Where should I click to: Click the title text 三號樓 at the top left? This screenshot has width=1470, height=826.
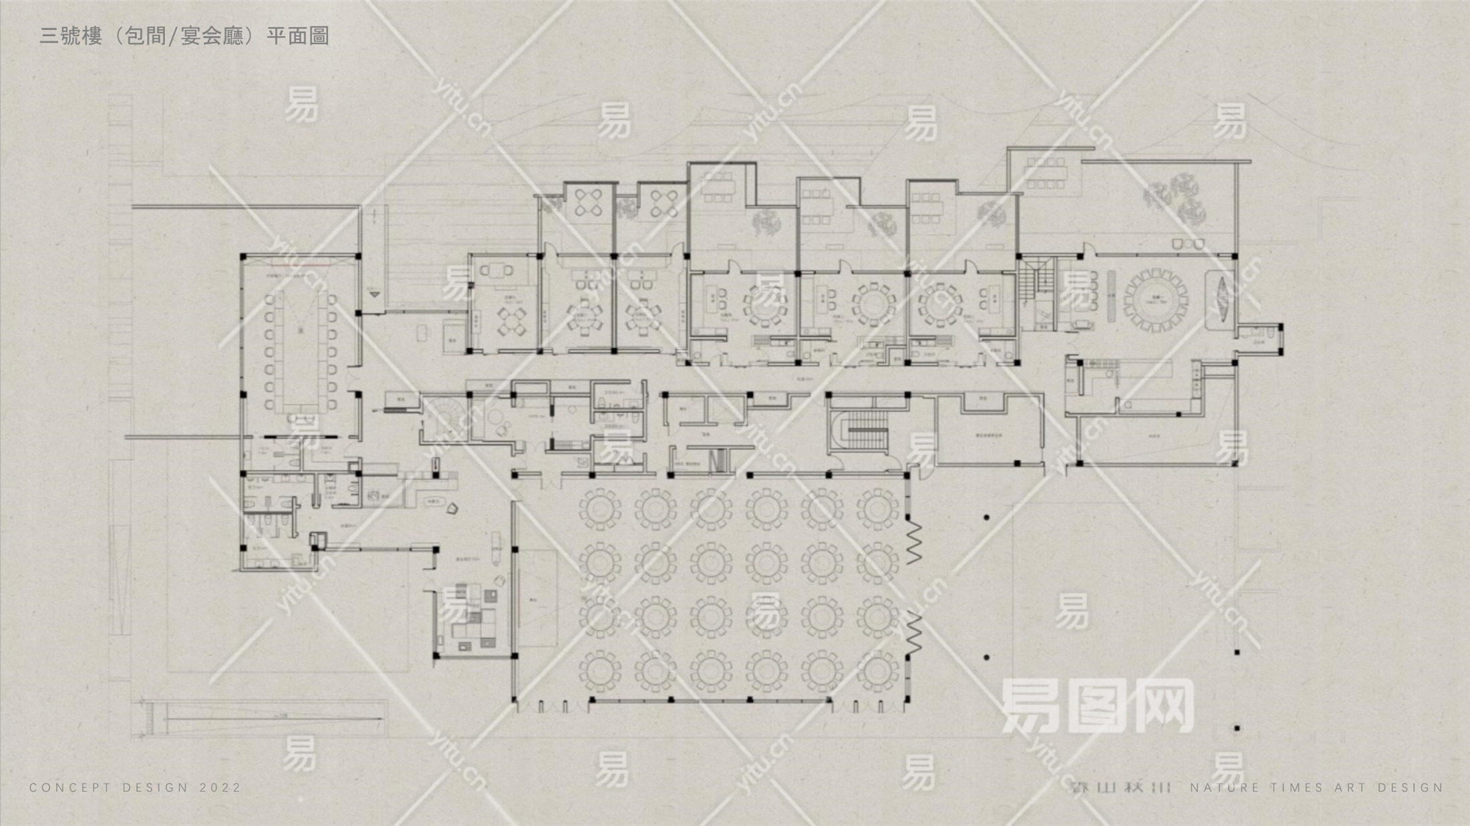(x=71, y=35)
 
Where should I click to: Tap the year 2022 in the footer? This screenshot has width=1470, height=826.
(x=220, y=788)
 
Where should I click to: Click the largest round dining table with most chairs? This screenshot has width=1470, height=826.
(x=1157, y=300)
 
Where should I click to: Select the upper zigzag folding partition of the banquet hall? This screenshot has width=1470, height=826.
(x=913, y=542)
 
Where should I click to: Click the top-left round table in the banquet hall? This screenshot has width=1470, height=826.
(x=599, y=508)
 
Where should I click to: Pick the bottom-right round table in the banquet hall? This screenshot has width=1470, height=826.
(x=877, y=672)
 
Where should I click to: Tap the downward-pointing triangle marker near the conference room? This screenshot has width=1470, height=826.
(x=374, y=294)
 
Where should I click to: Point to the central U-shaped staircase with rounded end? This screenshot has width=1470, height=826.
(x=862, y=431)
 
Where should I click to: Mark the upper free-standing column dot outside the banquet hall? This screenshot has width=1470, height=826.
(x=986, y=518)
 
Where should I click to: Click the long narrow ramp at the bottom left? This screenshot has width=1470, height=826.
(x=267, y=719)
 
